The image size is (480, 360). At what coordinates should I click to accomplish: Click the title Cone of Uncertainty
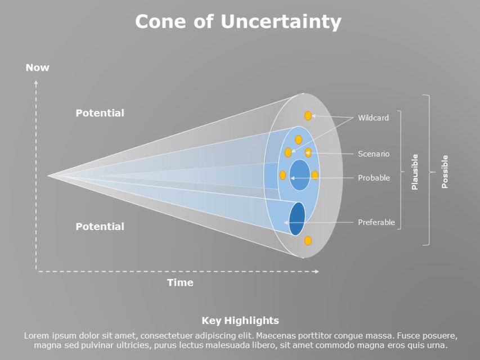click(x=238, y=22)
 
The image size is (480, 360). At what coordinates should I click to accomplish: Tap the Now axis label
click(x=37, y=67)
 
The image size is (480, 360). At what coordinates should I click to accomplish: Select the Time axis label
click(x=180, y=282)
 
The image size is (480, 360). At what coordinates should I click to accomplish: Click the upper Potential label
click(x=100, y=113)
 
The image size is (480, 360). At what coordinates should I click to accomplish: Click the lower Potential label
click(x=100, y=226)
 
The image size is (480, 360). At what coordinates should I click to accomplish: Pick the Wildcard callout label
click(x=373, y=118)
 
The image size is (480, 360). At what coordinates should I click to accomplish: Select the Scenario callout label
click(x=374, y=154)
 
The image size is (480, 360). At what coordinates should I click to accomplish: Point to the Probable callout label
click(x=374, y=178)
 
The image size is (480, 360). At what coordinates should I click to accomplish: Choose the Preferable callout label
click(x=376, y=222)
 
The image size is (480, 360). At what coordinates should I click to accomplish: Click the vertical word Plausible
click(x=415, y=172)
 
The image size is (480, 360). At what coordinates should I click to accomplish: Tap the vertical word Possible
click(x=445, y=172)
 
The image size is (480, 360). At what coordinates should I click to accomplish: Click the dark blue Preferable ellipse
click(x=297, y=219)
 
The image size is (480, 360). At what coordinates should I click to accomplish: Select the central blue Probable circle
click(x=299, y=175)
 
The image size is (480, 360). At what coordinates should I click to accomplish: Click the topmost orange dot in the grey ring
click(x=308, y=116)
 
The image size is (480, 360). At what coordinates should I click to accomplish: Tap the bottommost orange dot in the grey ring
click(x=308, y=241)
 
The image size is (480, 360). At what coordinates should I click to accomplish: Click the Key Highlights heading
click(x=240, y=321)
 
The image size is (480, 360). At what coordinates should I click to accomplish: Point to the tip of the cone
click(x=49, y=176)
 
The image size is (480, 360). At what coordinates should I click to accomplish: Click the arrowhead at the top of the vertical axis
click(x=36, y=82)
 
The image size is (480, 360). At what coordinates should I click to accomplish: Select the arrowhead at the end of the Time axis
click(x=317, y=271)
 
